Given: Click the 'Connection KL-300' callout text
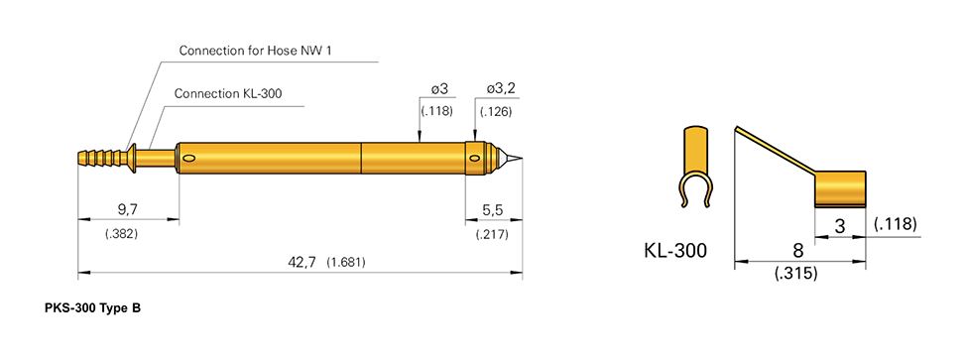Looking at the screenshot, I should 228,94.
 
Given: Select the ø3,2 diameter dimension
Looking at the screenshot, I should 500,89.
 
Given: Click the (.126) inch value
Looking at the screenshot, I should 495,111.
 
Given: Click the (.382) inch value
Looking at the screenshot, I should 120,233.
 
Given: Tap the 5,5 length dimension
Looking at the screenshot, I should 493,210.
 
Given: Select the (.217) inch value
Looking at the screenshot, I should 492,234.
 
